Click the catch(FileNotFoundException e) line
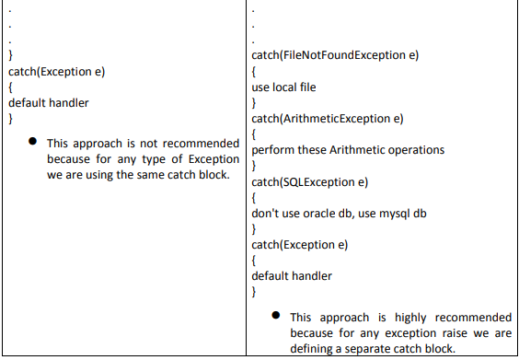click(x=335, y=54)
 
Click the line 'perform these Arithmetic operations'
click(x=348, y=149)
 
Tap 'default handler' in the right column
click(x=292, y=275)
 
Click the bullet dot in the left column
click(x=31, y=142)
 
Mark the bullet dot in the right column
click(x=275, y=315)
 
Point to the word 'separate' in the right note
click(x=378, y=347)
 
